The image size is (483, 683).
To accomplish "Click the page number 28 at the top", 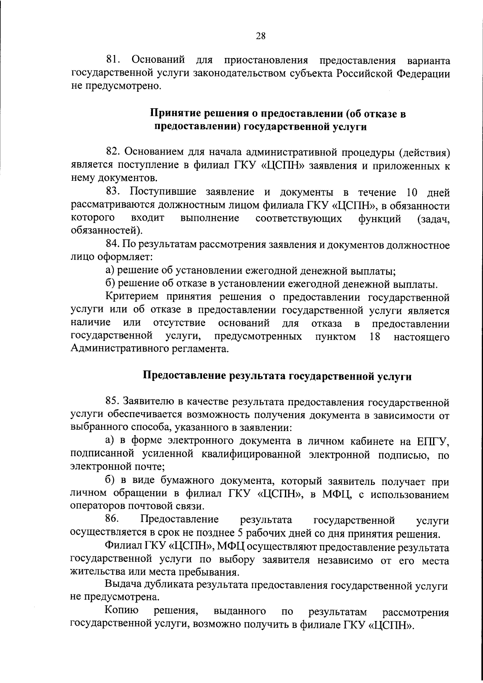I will click(260, 36).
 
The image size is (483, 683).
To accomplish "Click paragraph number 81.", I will click(114, 61).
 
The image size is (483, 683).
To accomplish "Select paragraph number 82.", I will click(114, 152).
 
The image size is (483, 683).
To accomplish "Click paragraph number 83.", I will click(114, 193).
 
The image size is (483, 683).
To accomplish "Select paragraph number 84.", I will click(114, 245).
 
